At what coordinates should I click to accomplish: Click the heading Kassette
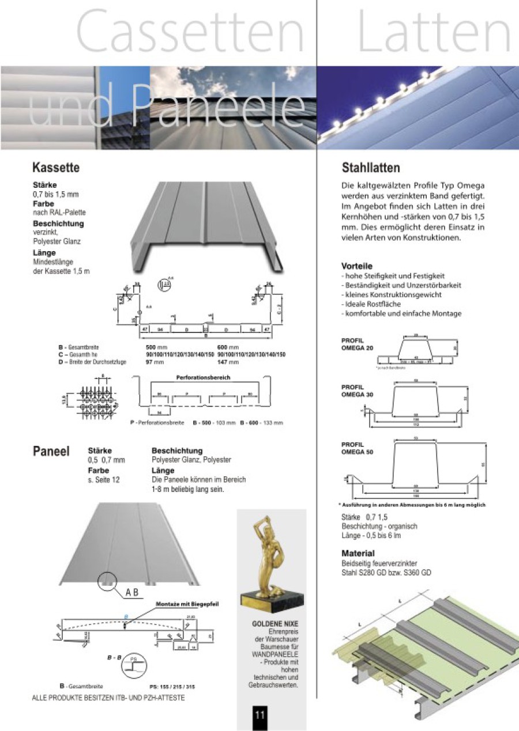[x=56, y=168]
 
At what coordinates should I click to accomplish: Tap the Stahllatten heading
[x=371, y=168]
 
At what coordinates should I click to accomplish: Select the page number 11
[x=259, y=715]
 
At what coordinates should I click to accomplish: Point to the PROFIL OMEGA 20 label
[x=358, y=344]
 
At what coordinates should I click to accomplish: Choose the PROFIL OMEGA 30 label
[x=358, y=391]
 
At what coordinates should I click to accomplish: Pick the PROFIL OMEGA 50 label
[x=358, y=449]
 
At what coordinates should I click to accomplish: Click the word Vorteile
[x=356, y=266]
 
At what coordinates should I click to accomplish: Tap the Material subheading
[x=358, y=554]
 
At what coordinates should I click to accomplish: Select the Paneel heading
[x=51, y=452]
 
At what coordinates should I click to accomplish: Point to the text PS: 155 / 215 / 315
[x=172, y=687]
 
